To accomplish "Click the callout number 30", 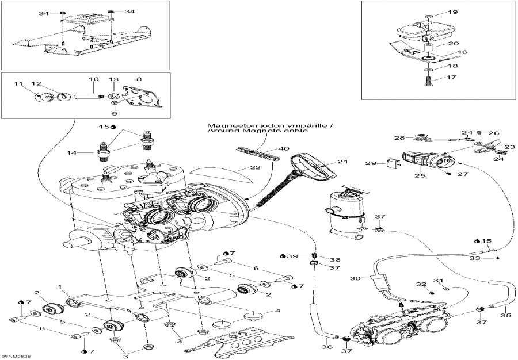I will (x=355, y=278).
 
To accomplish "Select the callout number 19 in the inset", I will (x=452, y=12).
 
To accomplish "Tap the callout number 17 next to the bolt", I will (x=452, y=77).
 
